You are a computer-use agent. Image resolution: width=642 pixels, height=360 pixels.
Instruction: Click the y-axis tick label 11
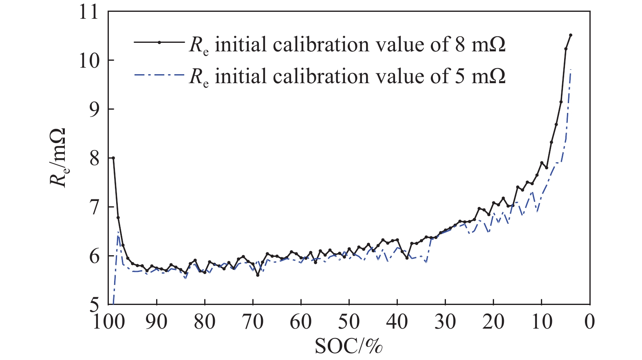[88, 12]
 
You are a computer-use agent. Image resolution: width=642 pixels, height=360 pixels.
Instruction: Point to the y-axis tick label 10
[88, 61]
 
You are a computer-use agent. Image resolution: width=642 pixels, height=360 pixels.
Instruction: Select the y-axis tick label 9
[94, 109]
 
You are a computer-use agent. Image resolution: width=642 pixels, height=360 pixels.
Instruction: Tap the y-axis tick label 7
[94, 207]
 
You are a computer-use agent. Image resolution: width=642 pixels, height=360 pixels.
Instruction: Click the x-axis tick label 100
[109, 322]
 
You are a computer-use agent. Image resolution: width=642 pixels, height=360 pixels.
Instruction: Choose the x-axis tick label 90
[157, 322]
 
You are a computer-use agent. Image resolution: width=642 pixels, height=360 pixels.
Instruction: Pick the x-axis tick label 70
[253, 322]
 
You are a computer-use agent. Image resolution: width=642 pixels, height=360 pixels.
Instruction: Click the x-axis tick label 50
[349, 322]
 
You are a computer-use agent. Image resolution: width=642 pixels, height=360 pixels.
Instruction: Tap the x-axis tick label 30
[445, 322]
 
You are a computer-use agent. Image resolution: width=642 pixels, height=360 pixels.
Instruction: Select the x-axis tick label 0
[589, 322]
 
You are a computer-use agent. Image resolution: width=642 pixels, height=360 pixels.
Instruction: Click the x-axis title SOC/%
[349, 346]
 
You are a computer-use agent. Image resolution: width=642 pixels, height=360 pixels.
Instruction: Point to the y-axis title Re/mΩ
[59, 157]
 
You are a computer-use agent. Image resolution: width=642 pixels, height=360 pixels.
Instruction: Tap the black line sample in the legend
[159, 42]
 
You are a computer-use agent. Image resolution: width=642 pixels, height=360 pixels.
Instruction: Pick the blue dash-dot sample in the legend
[159, 74]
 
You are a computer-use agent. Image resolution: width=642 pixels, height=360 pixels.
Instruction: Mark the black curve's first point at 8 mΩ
[113, 158]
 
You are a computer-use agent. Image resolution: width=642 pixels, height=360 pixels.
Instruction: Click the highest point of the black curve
[571, 35]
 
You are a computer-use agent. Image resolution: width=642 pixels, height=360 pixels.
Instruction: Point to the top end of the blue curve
[571, 70]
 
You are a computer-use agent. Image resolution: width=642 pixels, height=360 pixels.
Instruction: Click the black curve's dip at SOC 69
[258, 275]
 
